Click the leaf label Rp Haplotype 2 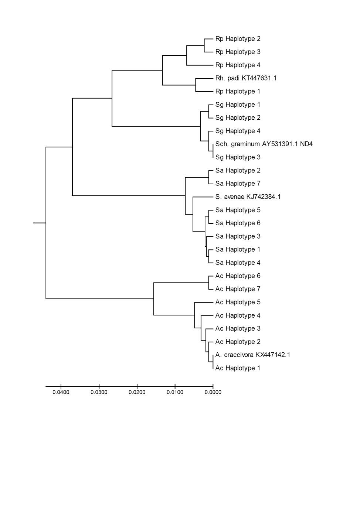tap(238, 39)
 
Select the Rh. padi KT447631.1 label tap(246, 78)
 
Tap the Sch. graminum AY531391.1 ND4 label tap(264, 144)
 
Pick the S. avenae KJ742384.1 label tap(248, 197)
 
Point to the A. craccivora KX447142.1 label tap(252, 355)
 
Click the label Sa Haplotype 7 tap(238, 184)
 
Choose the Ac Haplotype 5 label tap(238, 302)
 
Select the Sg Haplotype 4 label tap(238, 131)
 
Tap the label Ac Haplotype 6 tap(238, 276)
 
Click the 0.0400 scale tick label tap(61, 392)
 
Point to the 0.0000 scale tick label tap(213, 392)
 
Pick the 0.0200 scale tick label tap(137, 392)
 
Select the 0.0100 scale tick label tap(175, 392)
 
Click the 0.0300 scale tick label tap(99, 392)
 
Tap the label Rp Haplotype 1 tap(238, 91)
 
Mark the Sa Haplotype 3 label tap(238, 236)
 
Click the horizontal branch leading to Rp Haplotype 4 tap(200, 65)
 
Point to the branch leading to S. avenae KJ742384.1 tap(203, 197)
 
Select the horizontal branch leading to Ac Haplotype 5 tap(204, 302)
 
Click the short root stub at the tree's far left tap(39, 223)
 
